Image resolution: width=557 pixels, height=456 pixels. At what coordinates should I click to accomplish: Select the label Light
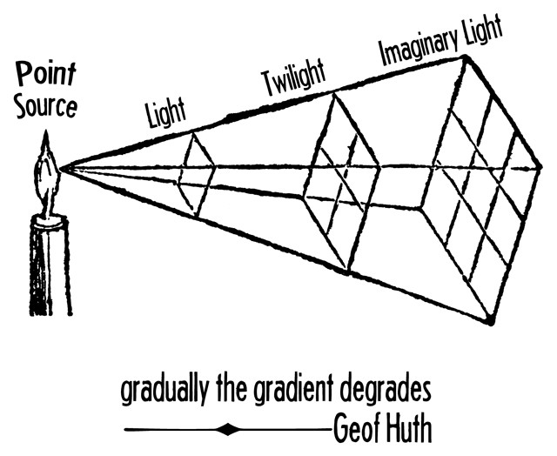pos(165,113)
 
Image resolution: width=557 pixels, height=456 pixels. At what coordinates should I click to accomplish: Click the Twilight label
pos(292,80)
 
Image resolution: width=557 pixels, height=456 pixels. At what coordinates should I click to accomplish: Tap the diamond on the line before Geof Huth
pos(228,428)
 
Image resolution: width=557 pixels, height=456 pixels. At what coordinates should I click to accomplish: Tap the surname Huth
pos(406,428)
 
